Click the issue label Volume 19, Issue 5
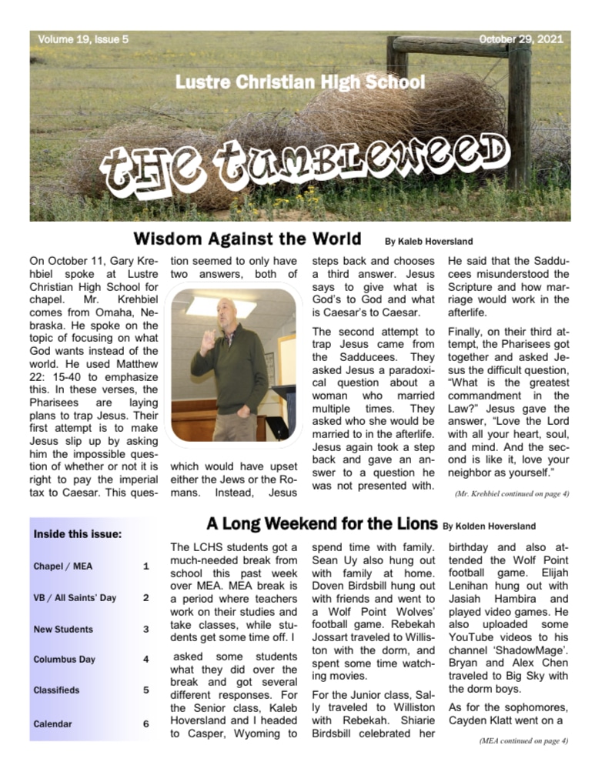click(x=83, y=39)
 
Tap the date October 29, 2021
click(x=521, y=39)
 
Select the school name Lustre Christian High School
click(x=299, y=82)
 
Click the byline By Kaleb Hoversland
click(x=429, y=242)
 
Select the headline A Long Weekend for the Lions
click(x=322, y=524)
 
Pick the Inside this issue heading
click(x=77, y=534)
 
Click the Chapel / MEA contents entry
click(x=63, y=566)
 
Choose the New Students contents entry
click(x=63, y=629)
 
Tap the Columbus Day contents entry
click(x=64, y=660)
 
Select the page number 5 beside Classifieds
click(x=145, y=690)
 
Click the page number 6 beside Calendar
click(x=145, y=724)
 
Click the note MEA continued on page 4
click(x=523, y=741)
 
